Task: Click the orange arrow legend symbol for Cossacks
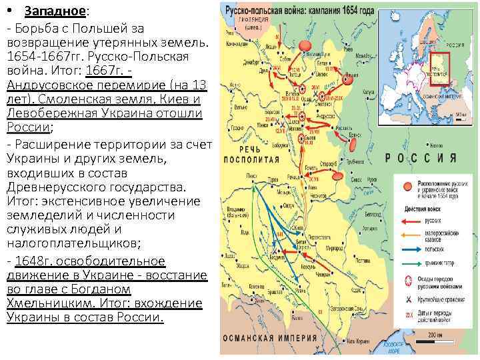pyautogui.click(x=411, y=234)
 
